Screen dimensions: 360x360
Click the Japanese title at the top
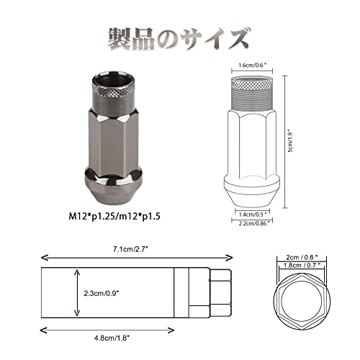179,39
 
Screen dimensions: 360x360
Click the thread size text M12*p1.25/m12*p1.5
114,217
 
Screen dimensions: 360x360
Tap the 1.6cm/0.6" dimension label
252,66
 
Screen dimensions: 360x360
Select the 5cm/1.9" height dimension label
291,142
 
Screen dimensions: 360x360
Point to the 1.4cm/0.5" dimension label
253,214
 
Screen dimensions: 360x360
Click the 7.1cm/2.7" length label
130,249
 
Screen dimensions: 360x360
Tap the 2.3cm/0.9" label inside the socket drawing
102,293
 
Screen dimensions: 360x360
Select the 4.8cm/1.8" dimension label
112,338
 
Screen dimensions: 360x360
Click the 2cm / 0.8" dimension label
302,257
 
